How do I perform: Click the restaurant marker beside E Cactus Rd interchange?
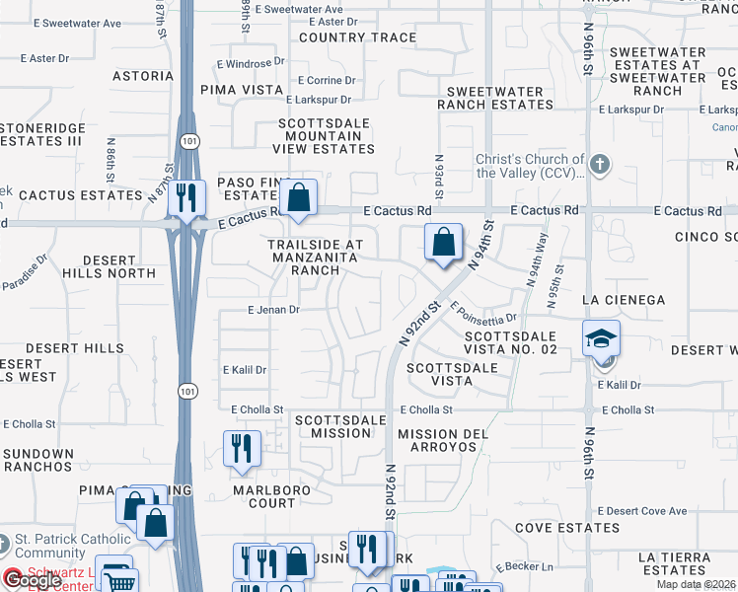coord(185,197)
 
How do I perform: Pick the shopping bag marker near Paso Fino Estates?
coord(297,197)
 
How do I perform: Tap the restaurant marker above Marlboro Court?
coord(242,449)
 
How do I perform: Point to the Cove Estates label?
coord(567,528)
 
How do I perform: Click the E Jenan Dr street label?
coord(272,309)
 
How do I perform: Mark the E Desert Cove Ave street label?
coord(641,511)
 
